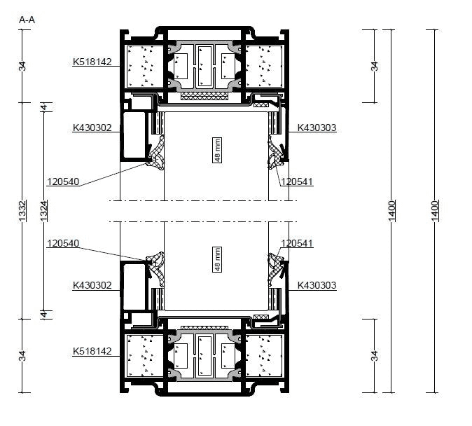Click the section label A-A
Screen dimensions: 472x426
27,20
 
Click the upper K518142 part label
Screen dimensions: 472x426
92,62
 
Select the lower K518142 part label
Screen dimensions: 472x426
92,351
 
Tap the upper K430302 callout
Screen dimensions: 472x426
92,128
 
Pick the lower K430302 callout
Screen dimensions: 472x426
92,285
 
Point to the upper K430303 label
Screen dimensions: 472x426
317,128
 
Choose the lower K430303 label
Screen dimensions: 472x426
317,285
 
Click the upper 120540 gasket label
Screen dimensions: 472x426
63,181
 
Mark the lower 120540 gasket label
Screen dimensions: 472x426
63,243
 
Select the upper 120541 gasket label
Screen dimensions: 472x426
297,181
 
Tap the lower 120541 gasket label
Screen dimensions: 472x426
297,243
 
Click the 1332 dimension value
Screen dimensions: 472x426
22,211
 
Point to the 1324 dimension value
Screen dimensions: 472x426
44,211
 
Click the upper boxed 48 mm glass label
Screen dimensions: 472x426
217,150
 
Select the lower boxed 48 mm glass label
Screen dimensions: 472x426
217,259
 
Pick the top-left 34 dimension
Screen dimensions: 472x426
22,66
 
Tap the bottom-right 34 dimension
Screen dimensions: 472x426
374,356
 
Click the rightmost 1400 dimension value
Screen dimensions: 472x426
435,211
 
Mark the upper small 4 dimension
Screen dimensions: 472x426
44,107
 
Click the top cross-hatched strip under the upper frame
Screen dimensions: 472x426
204,96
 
